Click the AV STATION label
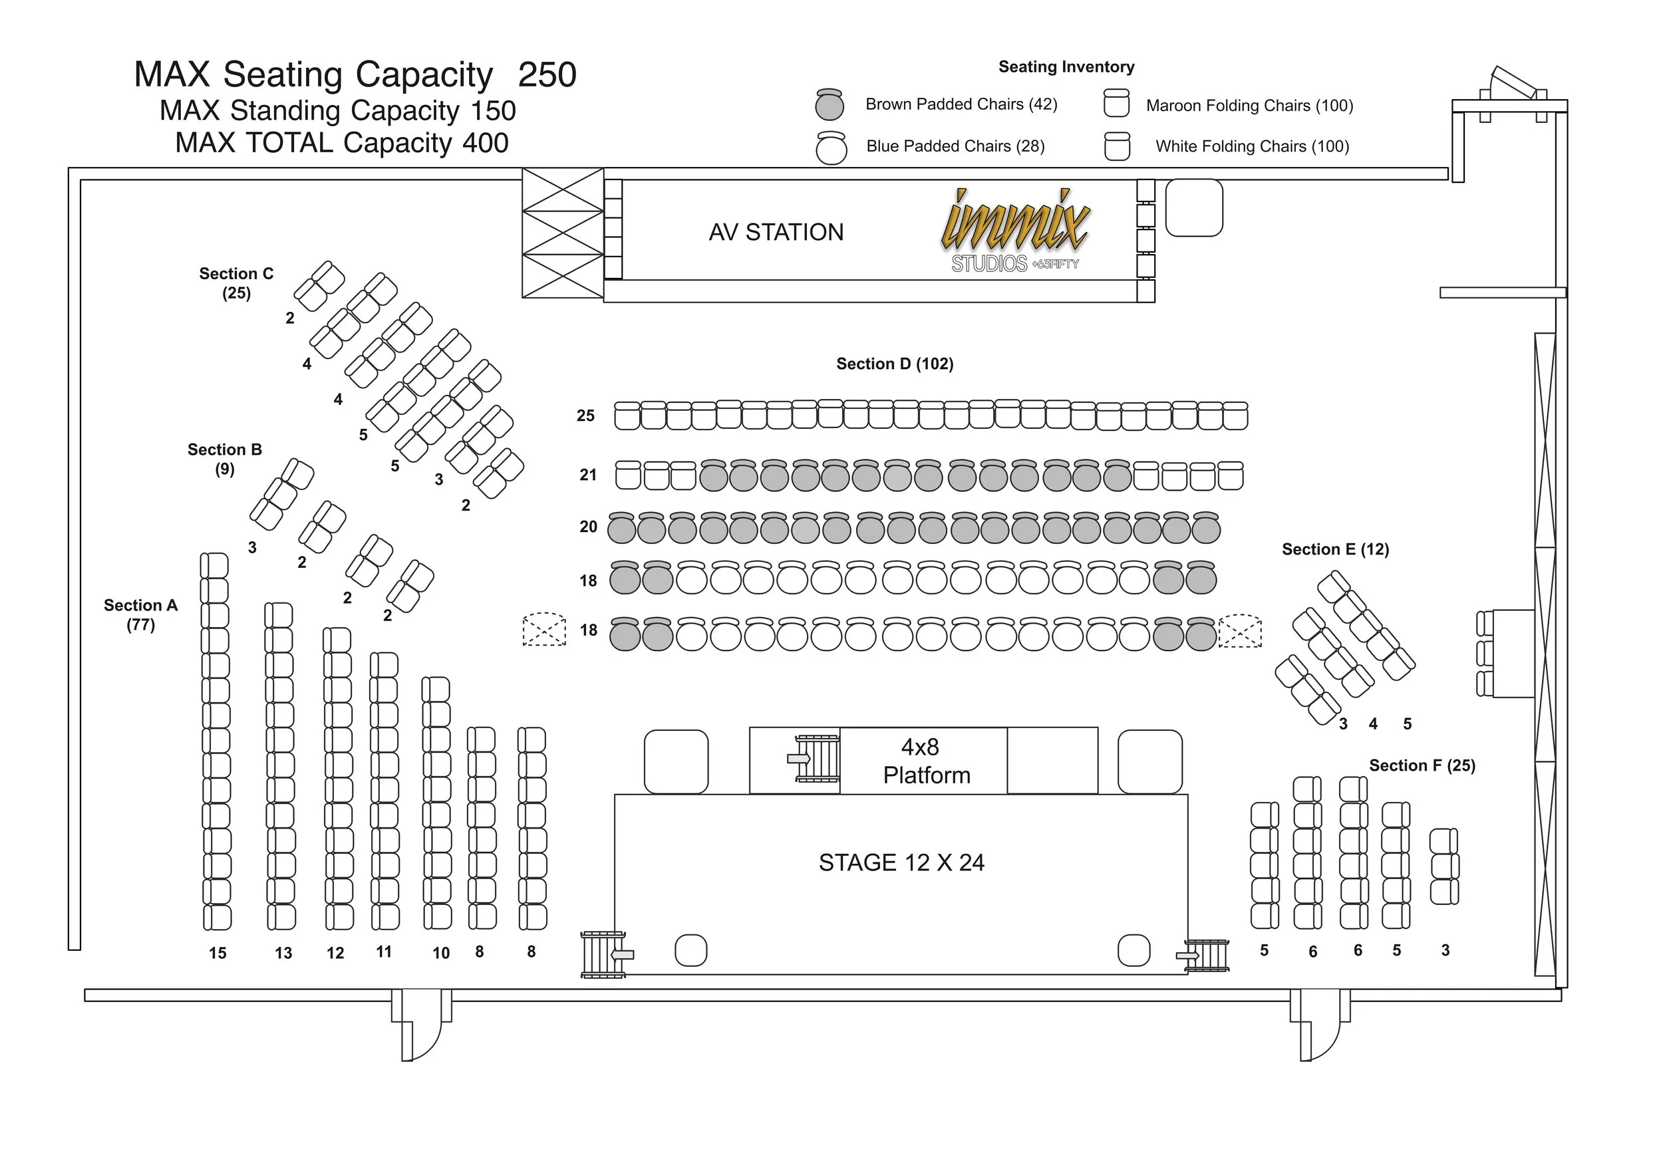click(776, 232)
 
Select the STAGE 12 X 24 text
click(901, 863)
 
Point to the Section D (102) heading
click(895, 364)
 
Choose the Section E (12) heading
click(1335, 549)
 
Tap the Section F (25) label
click(1422, 765)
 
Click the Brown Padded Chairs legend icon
click(830, 104)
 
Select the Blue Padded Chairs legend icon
click(831, 148)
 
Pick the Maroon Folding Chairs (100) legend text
click(1249, 106)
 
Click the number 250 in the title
click(547, 74)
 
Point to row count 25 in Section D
click(585, 416)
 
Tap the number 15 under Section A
click(218, 954)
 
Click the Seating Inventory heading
click(1066, 66)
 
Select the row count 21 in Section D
click(587, 475)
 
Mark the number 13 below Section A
click(283, 954)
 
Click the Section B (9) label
click(225, 459)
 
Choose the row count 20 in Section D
click(587, 527)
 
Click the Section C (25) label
click(236, 283)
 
